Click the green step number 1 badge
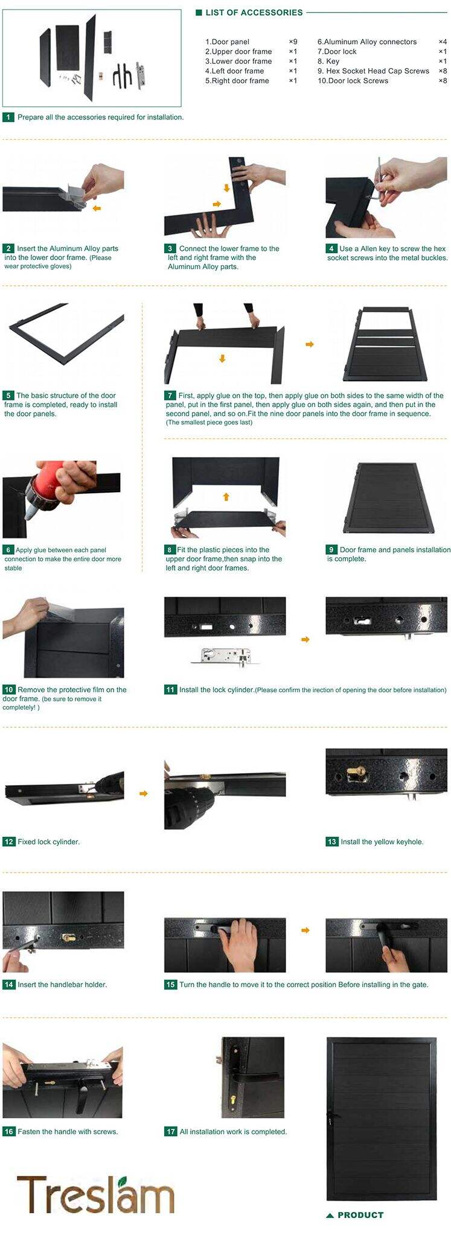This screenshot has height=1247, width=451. point(8,117)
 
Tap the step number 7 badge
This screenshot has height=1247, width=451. point(170,396)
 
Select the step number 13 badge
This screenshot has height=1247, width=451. point(331,841)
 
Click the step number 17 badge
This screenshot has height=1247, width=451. point(170,1131)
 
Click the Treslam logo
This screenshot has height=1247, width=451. point(95,1195)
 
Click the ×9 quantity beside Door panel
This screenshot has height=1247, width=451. point(293,42)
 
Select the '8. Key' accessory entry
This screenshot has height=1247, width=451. point(328,61)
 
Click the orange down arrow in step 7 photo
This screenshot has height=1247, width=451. point(222,359)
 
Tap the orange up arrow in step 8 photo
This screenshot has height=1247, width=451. point(226,496)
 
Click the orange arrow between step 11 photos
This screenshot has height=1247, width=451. point(305,639)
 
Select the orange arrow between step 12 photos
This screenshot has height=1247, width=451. point(144,794)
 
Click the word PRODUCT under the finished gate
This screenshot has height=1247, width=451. point(360,1215)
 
